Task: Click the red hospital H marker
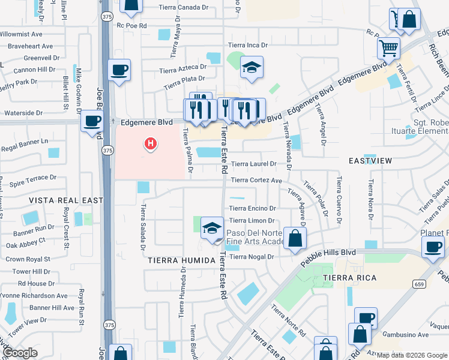point(151,143)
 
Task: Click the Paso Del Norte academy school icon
point(212,229)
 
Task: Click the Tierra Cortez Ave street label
point(256,180)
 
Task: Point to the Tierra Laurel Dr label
point(253,163)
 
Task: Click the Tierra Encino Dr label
point(252,208)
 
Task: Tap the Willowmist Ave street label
point(25,35)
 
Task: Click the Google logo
point(20,353)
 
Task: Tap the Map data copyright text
point(411,355)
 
